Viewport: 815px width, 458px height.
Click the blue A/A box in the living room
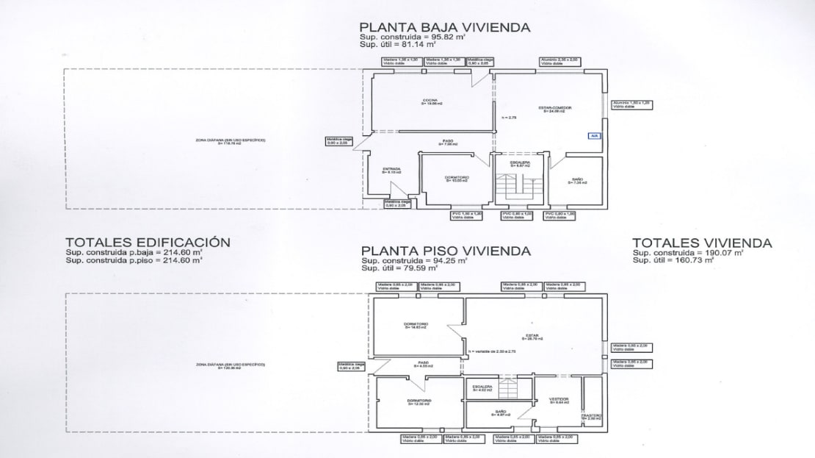pyautogui.click(x=593, y=135)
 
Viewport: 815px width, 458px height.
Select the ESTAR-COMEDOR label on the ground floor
pyautogui.click(x=557, y=109)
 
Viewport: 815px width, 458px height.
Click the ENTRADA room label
pyautogui.click(x=391, y=170)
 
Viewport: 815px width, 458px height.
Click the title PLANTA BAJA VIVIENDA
pyautogui.click(x=445, y=27)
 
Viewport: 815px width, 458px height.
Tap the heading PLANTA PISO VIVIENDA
pyautogui.click(x=445, y=250)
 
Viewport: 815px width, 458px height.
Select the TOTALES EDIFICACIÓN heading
pyautogui.click(x=148, y=242)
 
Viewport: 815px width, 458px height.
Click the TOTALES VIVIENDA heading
pyautogui.click(x=701, y=242)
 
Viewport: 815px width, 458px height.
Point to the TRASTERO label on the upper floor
pyautogui.click(x=592, y=417)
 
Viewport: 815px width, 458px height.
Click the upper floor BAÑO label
pyautogui.click(x=501, y=412)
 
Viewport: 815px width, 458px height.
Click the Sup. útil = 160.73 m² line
pyautogui.click(x=678, y=260)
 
